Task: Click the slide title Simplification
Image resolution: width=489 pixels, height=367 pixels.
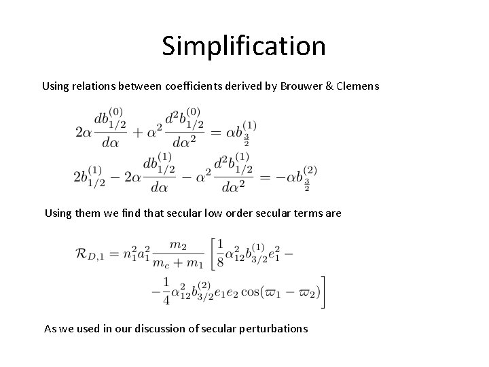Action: pos(244,46)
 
